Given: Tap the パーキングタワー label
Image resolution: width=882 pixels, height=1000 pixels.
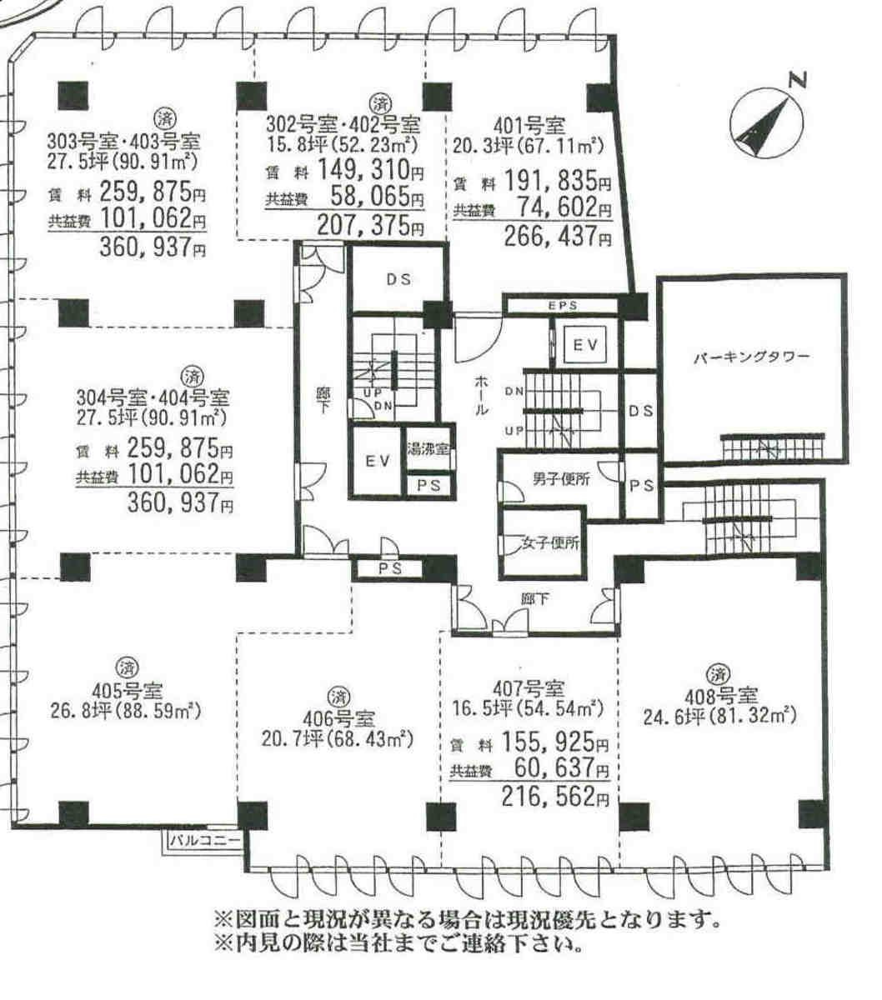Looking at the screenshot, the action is pos(752,357).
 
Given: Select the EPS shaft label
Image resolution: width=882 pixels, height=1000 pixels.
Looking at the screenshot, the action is pos(563,306).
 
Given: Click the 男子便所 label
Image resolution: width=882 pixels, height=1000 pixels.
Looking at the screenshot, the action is pos(561,479).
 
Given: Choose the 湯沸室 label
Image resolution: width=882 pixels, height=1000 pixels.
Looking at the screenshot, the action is pos(428,450).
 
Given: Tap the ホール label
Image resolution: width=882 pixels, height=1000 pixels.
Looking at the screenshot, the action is pos(482,395).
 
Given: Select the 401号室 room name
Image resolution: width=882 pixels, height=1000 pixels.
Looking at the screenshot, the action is pos(529,127).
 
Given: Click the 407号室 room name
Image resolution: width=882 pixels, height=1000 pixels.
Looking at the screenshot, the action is pos(529,688).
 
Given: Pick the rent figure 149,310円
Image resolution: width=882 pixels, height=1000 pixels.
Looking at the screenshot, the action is pos(370,170).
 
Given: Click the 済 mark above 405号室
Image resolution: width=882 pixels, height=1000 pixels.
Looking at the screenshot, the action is pos(127,667).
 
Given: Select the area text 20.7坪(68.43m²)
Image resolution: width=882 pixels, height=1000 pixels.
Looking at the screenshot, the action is pos(337,739).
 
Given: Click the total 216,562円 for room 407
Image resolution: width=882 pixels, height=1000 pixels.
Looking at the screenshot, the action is pos(555,796).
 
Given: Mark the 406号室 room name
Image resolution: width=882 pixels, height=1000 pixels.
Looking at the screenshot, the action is pos(338,718).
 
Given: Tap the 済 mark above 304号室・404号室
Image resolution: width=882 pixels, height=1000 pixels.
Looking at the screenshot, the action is pos(192,377).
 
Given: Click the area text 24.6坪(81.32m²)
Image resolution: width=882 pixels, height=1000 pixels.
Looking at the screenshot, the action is pos(719,716).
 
